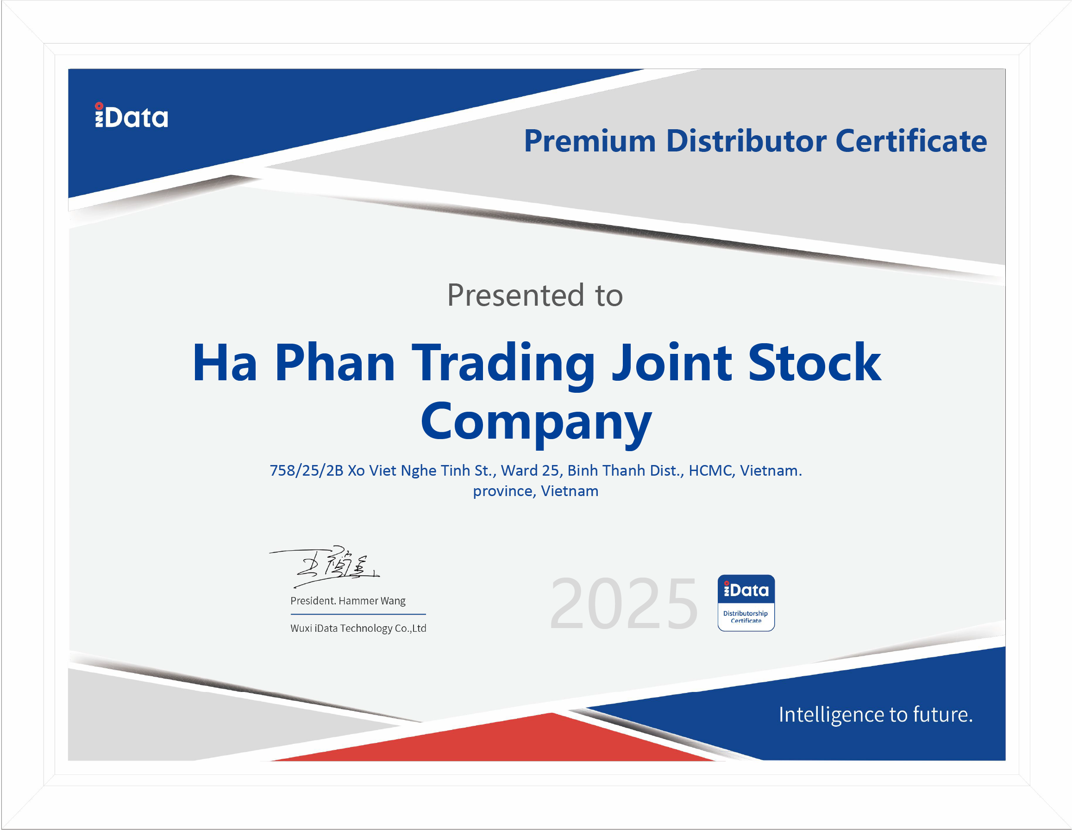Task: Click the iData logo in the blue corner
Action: [131, 115]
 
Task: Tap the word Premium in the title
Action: [589, 141]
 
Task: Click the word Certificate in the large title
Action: [911, 141]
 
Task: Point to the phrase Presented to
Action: [535, 295]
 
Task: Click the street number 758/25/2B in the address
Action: [306, 471]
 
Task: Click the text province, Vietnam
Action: [535, 491]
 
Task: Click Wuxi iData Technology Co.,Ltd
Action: [358, 628]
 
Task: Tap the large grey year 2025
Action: [624, 604]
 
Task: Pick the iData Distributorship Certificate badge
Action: [746, 603]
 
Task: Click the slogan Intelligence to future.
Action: [876, 715]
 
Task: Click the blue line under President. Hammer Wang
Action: [358, 614]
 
